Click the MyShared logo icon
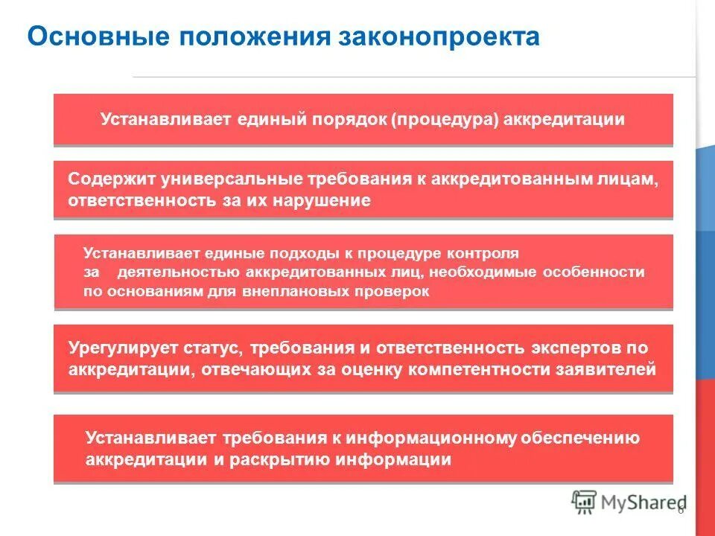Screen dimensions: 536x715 [584, 502]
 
